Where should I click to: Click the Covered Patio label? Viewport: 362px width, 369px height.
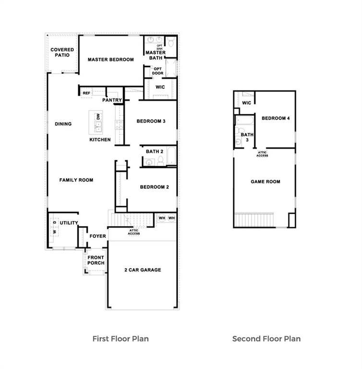click(x=62, y=52)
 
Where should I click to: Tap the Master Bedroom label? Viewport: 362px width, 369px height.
click(x=110, y=60)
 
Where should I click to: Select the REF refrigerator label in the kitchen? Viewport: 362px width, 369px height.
click(x=86, y=93)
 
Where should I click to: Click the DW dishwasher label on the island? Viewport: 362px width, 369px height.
click(x=98, y=117)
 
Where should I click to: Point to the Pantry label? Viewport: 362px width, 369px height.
click(x=112, y=100)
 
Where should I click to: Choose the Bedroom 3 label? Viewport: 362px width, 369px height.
click(x=151, y=121)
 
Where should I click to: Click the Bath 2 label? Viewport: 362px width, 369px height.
click(x=155, y=151)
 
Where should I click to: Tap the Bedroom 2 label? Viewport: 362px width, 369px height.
click(x=154, y=187)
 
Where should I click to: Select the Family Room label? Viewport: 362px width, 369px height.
click(x=76, y=180)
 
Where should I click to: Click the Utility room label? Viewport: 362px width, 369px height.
click(x=69, y=223)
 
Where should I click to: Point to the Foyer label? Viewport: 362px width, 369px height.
click(x=98, y=236)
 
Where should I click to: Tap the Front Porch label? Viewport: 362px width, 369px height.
click(x=96, y=260)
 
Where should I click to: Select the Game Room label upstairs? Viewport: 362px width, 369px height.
click(x=265, y=182)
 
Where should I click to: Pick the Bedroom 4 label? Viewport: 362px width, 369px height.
click(x=276, y=118)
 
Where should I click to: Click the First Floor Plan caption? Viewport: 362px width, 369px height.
click(x=121, y=339)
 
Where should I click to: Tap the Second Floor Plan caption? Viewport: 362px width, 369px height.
click(x=266, y=339)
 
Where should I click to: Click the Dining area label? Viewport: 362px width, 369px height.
click(x=63, y=124)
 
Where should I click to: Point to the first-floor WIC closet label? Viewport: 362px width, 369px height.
click(x=160, y=87)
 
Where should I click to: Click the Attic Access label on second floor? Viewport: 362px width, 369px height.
click(x=262, y=154)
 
